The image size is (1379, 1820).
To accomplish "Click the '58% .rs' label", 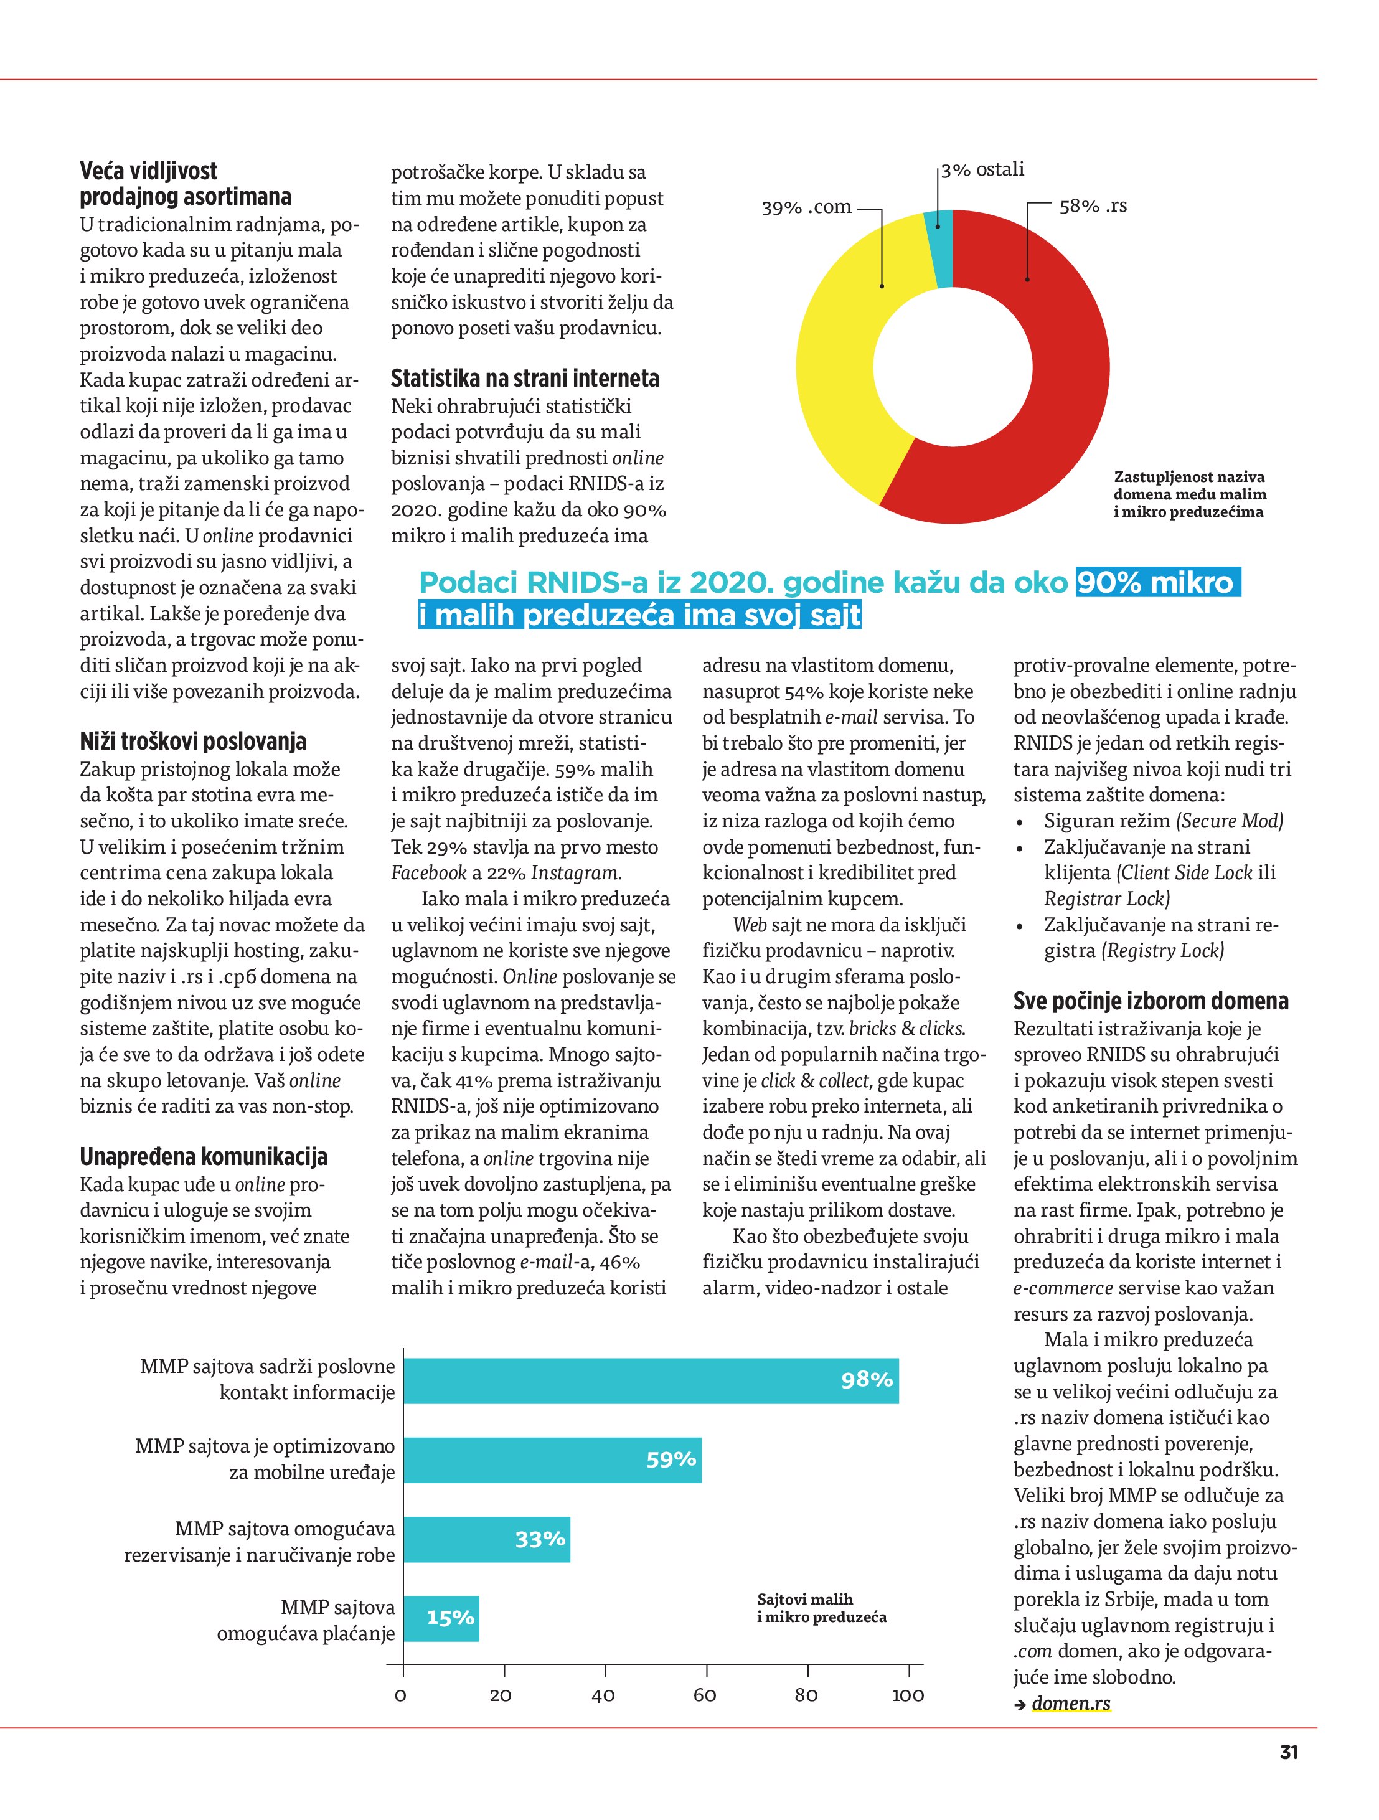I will coord(1093,207).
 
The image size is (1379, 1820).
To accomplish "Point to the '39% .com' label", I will coord(806,207).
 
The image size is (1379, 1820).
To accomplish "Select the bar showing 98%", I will coord(650,1380).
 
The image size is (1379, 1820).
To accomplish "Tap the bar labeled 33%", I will coord(486,1539).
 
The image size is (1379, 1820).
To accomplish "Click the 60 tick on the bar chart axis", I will coord(705,1695).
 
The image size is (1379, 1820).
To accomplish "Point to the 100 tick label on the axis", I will coord(908,1695).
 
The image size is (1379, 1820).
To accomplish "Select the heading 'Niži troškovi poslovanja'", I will coord(194,742).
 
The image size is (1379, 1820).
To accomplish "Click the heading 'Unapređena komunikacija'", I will coord(203,1157).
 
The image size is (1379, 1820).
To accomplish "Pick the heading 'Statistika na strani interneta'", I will coord(525,379).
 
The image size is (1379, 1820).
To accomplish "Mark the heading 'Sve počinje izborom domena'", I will coord(1151,1001).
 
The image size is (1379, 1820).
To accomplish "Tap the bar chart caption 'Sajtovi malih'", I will coord(805,1600).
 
